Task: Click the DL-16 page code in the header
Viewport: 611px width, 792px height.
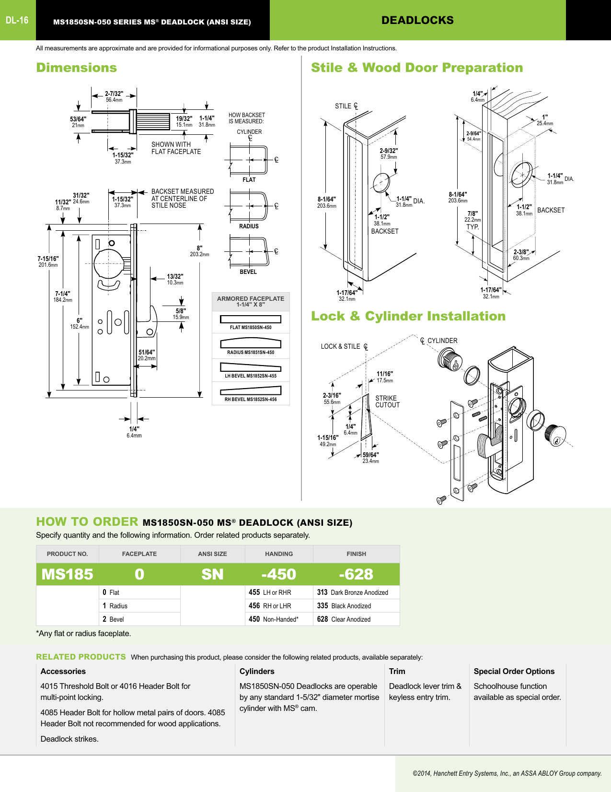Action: tap(17, 20)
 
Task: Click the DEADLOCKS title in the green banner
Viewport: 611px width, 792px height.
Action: tap(417, 20)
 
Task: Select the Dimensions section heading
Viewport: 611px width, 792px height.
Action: tap(77, 68)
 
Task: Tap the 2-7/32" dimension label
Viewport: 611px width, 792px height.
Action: tap(114, 94)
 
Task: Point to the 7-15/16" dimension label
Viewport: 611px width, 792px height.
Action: tap(48, 259)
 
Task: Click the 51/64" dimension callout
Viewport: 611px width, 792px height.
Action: tap(147, 353)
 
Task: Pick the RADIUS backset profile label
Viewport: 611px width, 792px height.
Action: tap(249, 226)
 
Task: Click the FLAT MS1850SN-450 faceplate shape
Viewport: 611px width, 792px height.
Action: tap(251, 319)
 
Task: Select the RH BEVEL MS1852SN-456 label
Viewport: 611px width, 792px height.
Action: tap(251, 399)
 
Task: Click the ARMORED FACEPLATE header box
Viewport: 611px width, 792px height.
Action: tap(251, 301)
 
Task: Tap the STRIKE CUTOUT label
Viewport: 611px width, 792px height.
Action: tap(387, 402)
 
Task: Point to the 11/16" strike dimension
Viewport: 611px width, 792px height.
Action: tap(384, 374)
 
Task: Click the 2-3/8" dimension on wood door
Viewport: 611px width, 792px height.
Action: tap(521, 252)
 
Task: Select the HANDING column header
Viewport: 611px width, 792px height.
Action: tap(279, 554)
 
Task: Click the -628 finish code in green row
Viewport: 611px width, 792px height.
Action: tap(356, 574)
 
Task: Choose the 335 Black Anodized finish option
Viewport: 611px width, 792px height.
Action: tap(344, 606)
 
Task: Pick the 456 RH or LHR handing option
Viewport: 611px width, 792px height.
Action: tap(270, 606)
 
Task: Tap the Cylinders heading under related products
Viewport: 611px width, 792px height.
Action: tap(257, 672)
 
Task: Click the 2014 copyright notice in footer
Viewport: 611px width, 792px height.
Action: tap(507, 773)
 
